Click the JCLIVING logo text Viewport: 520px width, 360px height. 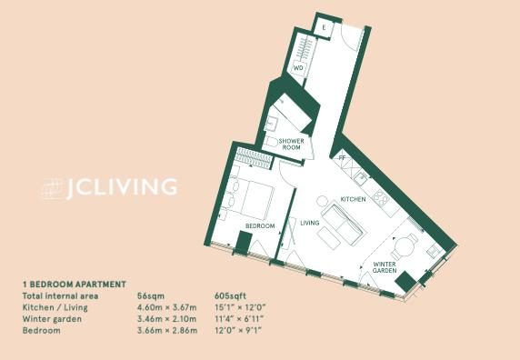point(122,187)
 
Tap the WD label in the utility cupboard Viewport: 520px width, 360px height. point(298,68)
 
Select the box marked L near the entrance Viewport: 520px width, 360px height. point(324,27)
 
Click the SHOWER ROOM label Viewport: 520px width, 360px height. point(292,145)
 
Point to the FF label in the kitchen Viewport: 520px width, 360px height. point(342,158)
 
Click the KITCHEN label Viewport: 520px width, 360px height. point(354,199)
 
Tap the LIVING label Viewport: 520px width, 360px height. point(310,223)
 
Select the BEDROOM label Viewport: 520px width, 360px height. point(260,226)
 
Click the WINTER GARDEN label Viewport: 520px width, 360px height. point(385,267)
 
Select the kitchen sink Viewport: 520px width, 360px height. point(361,179)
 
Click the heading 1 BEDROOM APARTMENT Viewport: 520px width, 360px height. point(75,285)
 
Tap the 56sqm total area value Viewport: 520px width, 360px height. point(151,296)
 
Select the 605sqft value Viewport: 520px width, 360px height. point(231,296)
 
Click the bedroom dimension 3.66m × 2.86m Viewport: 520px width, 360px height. point(167,331)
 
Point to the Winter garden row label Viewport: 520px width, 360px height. point(52,319)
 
